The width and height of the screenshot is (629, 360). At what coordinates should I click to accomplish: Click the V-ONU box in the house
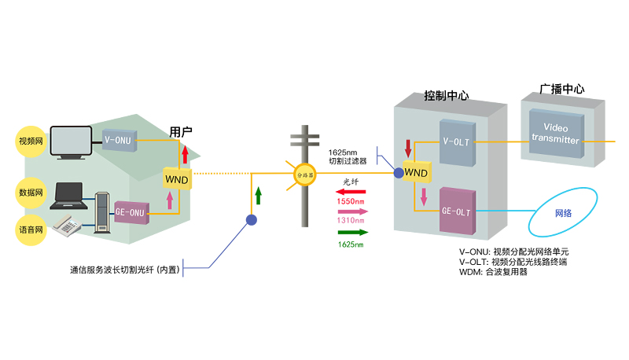coord(120,140)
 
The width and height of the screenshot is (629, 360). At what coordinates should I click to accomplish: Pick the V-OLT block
coord(458,143)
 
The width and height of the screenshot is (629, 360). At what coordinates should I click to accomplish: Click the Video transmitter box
coord(555,134)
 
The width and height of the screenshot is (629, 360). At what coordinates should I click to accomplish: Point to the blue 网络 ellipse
coord(563,213)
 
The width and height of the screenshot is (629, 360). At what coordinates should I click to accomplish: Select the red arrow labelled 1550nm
coord(349,192)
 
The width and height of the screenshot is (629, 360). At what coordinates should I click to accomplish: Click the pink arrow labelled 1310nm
coord(349,211)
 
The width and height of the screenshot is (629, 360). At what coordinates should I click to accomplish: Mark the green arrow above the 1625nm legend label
coord(349,233)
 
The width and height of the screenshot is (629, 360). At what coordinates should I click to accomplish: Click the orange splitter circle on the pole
coord(304,173)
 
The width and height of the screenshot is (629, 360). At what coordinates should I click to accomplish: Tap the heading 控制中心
coord(446,95)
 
